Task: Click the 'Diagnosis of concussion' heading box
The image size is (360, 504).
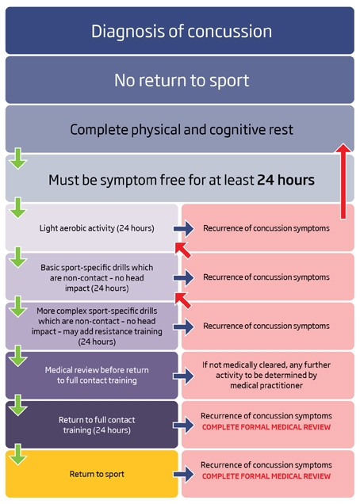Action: click(180, 31)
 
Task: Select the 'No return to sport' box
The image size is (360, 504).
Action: click(180, 80)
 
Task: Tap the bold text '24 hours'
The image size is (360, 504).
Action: click(285, 180)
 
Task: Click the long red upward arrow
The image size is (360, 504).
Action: click(343, 181)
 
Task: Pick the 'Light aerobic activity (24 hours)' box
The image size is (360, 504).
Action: click(92, 227)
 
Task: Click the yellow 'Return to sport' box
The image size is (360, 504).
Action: click(92, 474)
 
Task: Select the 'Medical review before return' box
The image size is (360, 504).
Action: click(92, 375)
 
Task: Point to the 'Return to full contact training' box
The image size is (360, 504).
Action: click(92, 425)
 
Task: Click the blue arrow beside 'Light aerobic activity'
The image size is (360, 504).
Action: click(184, 228)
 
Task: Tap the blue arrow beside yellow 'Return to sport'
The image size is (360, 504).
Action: click(184, 475)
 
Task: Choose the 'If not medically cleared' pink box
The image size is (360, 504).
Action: click(268, 375)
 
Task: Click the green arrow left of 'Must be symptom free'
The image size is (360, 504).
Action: click(18, 158)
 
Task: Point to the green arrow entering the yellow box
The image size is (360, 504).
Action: click(18, 454)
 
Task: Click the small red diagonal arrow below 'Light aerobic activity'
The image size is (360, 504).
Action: click(183, 250)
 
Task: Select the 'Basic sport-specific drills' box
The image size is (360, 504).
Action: click(92, 277)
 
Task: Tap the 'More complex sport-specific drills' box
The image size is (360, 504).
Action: click(92, 326)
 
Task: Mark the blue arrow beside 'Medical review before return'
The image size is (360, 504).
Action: click(184, 376)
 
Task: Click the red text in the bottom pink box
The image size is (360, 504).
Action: click(266, 476)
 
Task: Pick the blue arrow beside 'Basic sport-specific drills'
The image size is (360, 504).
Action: click(184, 277)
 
